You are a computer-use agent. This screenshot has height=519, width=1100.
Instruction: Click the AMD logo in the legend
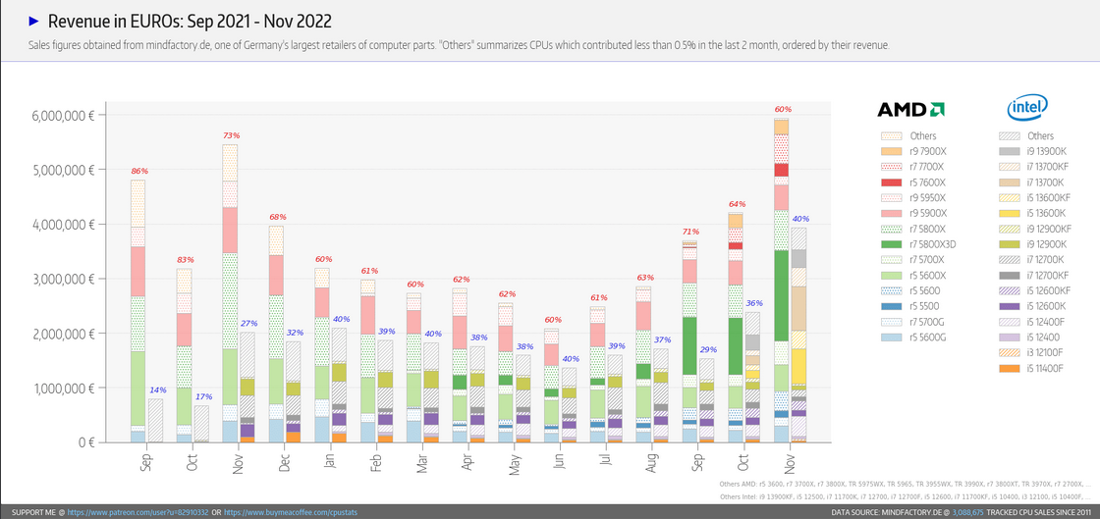pyautogui.click(x=910, y=109)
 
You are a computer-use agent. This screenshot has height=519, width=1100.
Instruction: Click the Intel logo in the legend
pyautogui.click(x=1027, y=107)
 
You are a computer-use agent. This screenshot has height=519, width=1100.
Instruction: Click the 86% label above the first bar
pyautogui.click(x=138, y=172)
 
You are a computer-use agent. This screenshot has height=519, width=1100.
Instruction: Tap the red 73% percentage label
pyautogui.click(x=231, y=135)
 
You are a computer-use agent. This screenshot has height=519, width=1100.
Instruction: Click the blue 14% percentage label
pyautogui.click(x=157, y=390)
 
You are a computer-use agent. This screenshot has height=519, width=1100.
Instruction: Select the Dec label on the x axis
pyautogui.click(x=285, y=461)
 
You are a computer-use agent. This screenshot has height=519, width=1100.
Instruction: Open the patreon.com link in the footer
pyautogui.click(x=137, y=512)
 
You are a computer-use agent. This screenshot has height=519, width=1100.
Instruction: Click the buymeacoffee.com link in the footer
pyautogui.click(x=294, y=512)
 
